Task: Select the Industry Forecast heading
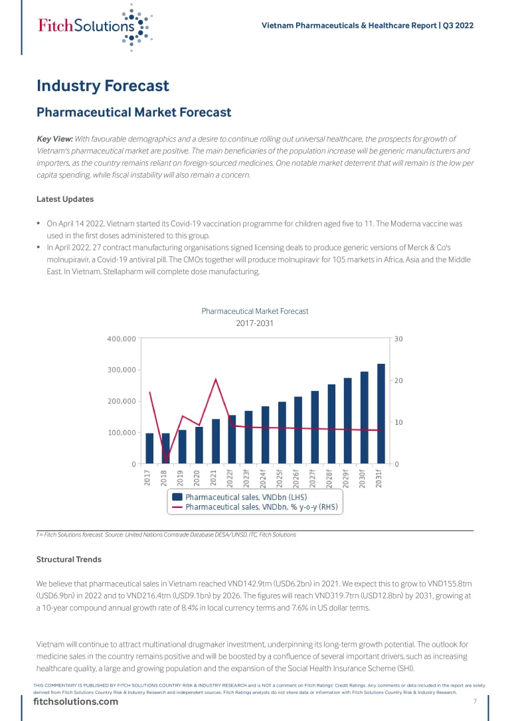click(x=103, y=86)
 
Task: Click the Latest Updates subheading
click(x=64, y=199)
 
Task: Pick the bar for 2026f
click(x=298, y=430)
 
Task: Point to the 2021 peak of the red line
click(x=215, y=379)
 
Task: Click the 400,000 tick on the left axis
click(x=122, y=339)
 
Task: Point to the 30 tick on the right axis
click(x=398, y=339)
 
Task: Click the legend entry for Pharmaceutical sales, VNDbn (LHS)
click(x=246, y=497)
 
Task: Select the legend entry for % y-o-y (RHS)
click(x=261, y=507)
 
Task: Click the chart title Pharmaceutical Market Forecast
click(x=255, y=311)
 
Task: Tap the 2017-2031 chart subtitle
click(x=255, y=323)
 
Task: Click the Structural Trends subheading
click(x=68, y=560)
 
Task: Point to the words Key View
click(x=54, y=139)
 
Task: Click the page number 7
click(x=475, y=702)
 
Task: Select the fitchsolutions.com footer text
click(x=76, y=702)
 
